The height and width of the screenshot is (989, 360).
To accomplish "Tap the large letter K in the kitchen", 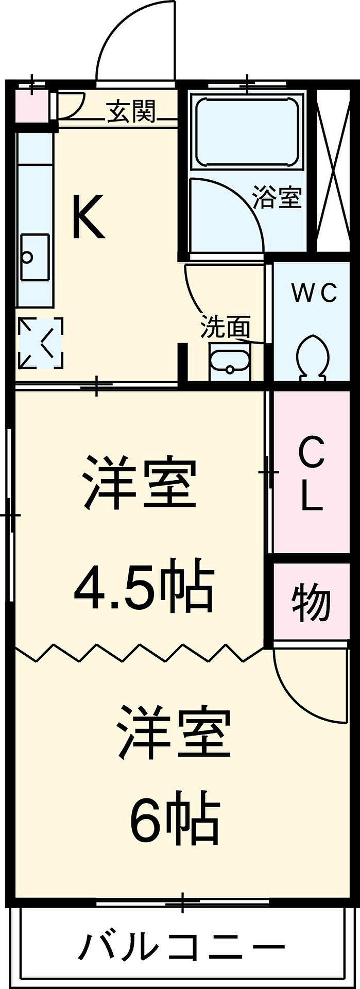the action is tap(89, 216).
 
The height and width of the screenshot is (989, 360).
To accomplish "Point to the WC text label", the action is tap(314, 293).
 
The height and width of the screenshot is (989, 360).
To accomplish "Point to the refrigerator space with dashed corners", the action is tap(41, 343).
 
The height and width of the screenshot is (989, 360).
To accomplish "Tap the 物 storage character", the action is tap(311, 602).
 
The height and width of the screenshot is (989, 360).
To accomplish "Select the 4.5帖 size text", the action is tap(144, 587).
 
